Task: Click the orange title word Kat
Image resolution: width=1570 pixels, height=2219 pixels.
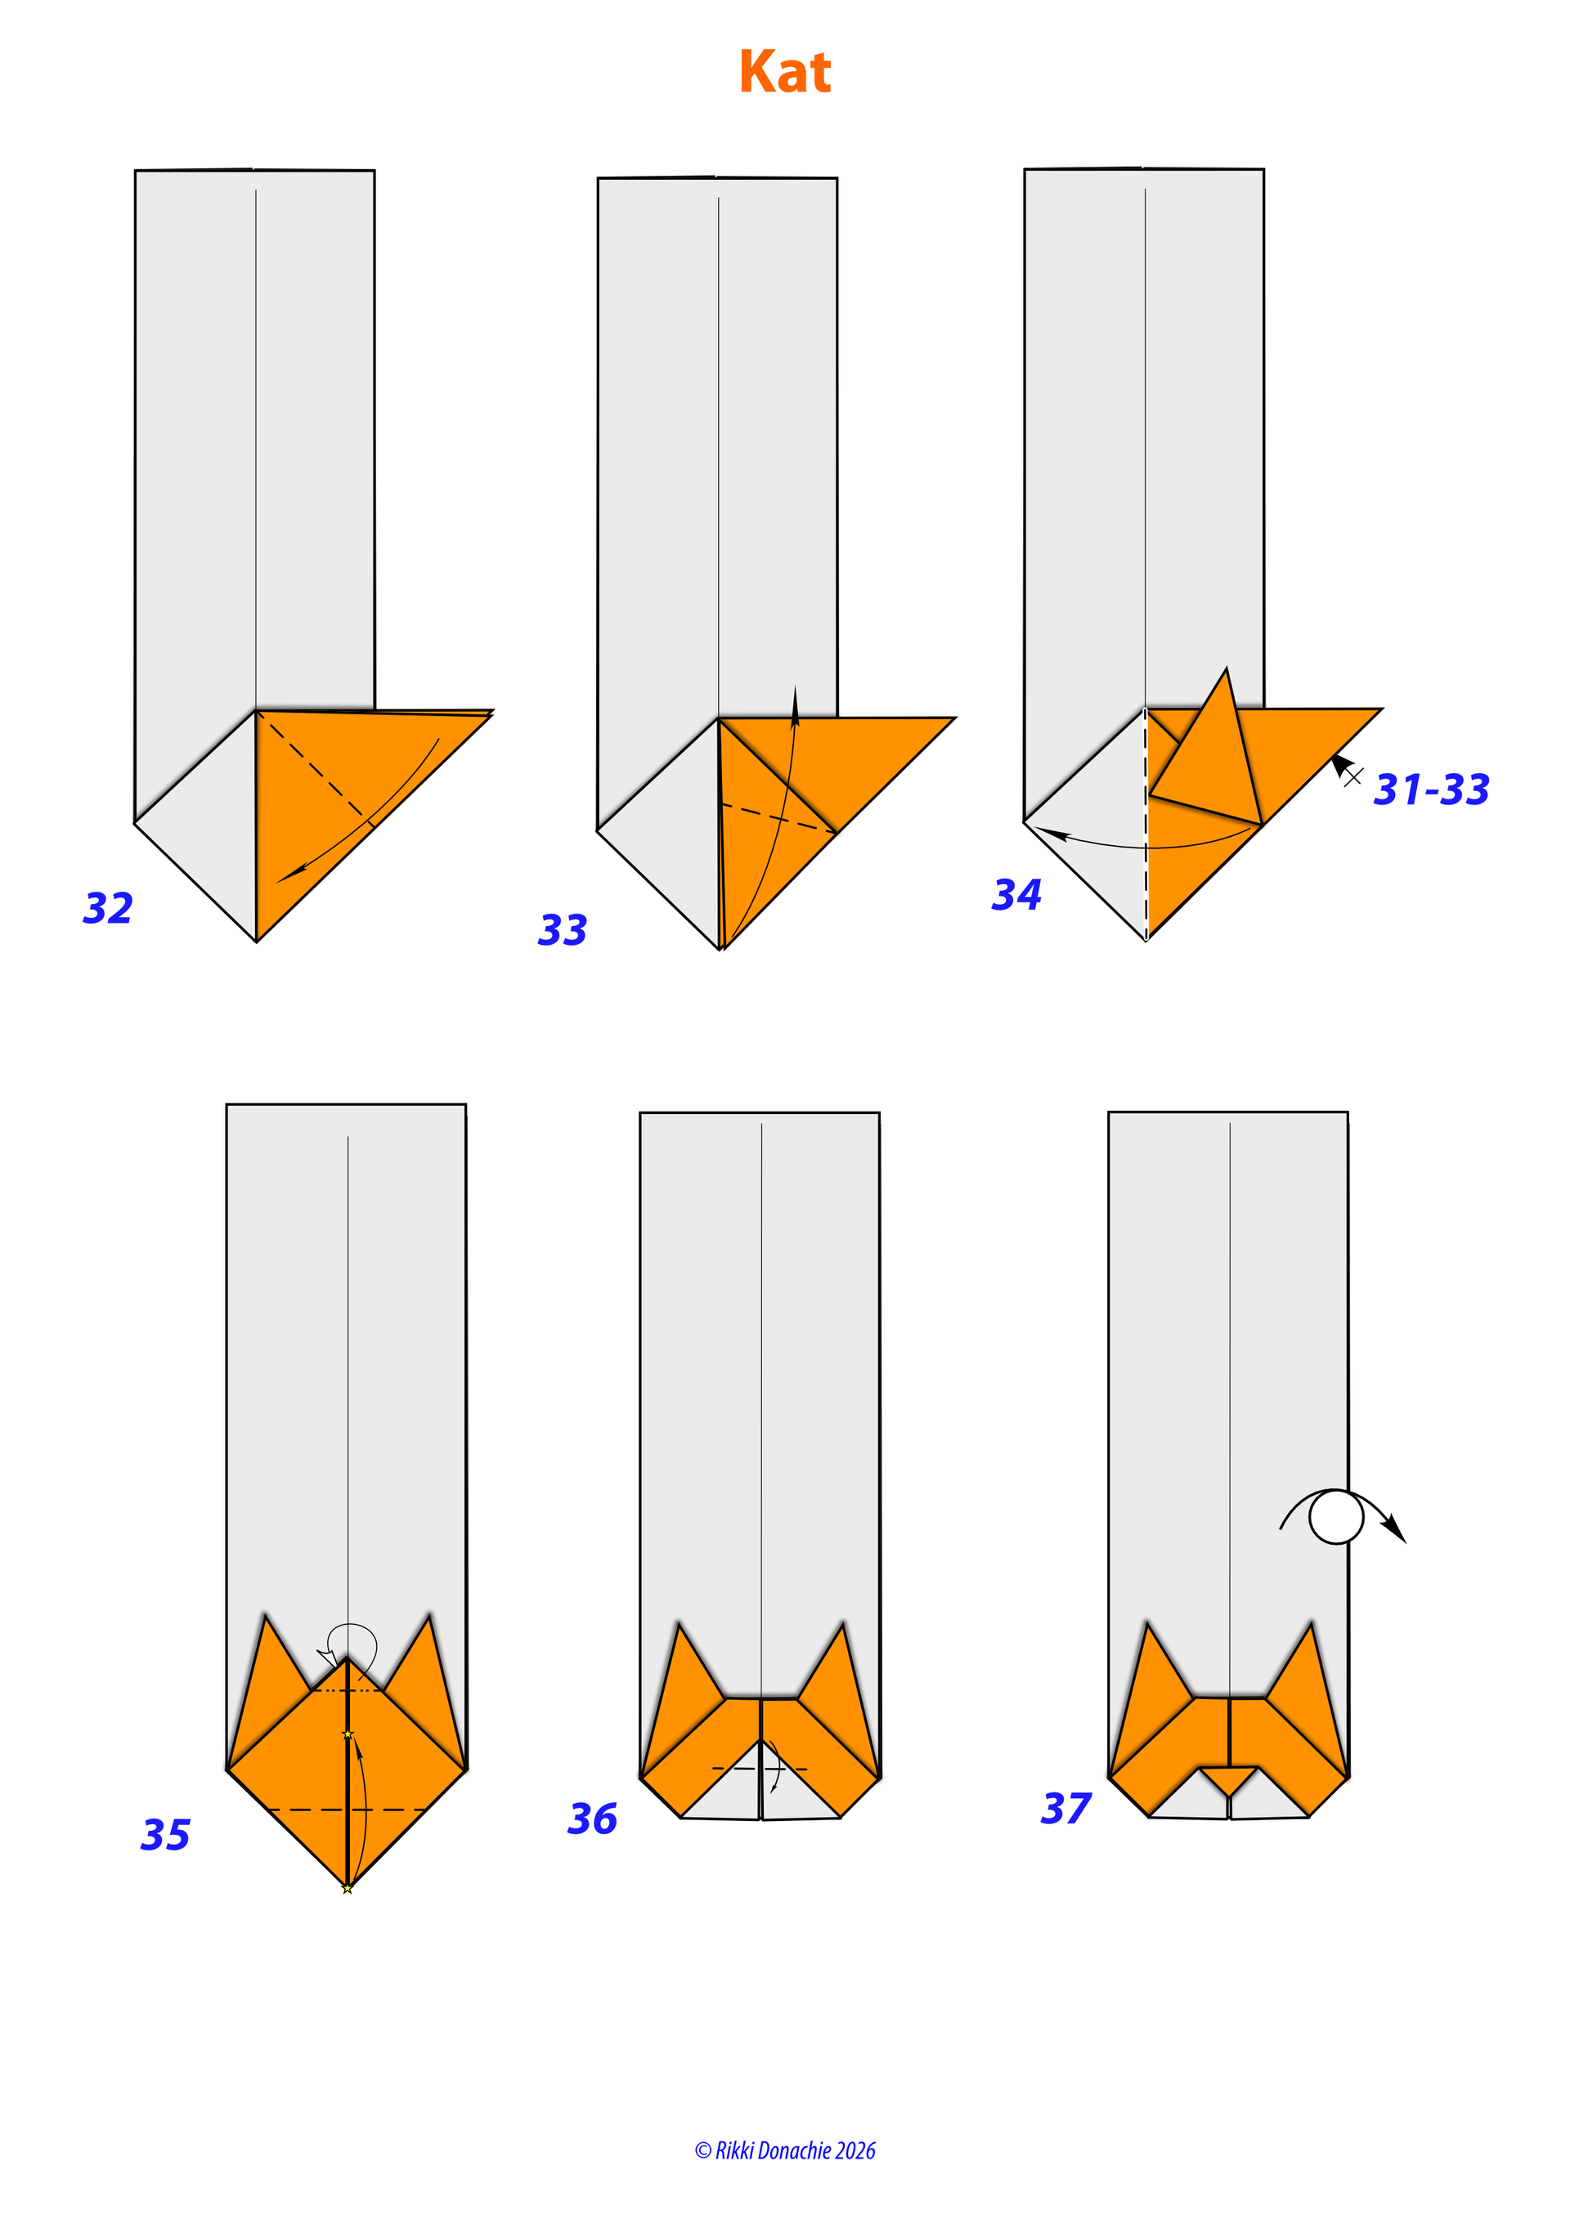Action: tap(785, 73)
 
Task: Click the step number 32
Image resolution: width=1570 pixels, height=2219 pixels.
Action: tap(108, 909)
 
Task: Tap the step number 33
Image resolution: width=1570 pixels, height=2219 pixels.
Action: tap(563, 930)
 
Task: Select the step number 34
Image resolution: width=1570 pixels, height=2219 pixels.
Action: tap(1017, 894)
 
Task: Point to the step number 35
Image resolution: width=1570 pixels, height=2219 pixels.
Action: tap(165, 1834)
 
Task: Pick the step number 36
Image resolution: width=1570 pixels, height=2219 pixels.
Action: tap(593, 1819)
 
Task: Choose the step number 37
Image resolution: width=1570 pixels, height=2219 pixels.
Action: tap(1066, 1808)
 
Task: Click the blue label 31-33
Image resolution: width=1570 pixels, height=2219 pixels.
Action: tap(1432, 790)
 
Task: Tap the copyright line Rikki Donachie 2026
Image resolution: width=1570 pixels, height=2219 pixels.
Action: tap(785, 2150)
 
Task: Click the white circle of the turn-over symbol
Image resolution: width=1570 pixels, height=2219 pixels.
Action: tap(1336, 1518)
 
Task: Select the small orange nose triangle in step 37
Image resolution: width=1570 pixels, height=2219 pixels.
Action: tap(1229, 1780)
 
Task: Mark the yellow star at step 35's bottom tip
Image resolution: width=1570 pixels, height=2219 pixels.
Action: tap(347, 1889)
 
